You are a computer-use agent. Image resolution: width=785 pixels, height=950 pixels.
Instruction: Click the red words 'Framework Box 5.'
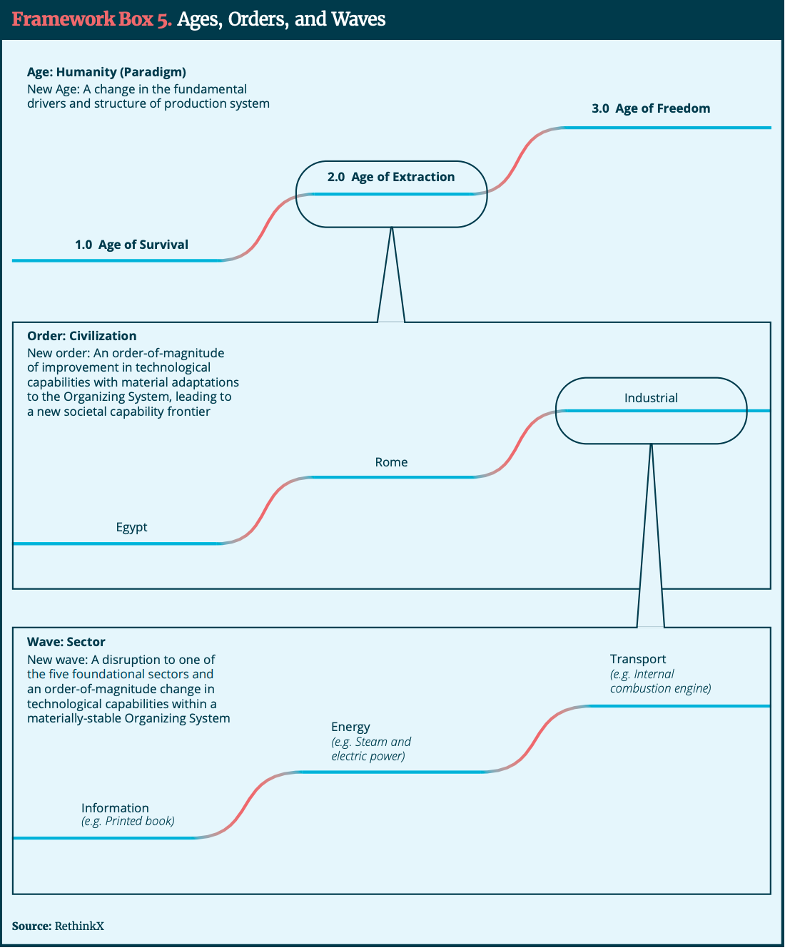tap(91, 19)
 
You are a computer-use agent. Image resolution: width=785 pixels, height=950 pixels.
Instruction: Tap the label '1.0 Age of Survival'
tap(131, 245)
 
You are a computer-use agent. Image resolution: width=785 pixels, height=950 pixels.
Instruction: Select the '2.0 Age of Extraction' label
tap(391, 177)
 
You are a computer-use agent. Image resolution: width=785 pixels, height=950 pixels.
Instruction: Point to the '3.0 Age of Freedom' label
tap(651, 108)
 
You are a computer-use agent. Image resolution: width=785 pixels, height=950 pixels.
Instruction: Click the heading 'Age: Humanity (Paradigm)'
tap(106, 72)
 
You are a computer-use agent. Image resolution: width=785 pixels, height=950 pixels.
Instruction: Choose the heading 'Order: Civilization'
tap(81, 336)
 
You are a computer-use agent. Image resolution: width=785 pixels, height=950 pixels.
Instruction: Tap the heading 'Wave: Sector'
tap(66, 642)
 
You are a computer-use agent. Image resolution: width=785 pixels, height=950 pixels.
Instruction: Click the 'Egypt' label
tap(131, 527)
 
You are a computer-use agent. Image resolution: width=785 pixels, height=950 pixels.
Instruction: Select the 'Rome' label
tap(391, 462)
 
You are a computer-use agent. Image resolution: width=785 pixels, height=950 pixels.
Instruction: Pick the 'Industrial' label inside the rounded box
tap(651, 398)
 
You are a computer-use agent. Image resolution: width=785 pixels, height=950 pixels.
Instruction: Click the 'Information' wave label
tap(115, 808)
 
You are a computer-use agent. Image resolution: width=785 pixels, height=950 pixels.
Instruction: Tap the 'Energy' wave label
tap(350, 727)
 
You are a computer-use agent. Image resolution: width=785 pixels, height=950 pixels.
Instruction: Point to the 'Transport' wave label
tap(638, 659)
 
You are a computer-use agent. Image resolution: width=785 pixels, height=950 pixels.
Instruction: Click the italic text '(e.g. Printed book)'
tap(128, 822)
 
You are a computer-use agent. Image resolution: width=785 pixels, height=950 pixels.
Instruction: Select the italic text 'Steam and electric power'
tap(371, 749)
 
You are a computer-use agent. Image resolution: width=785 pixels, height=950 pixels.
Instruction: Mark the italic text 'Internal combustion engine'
tap(660, 681)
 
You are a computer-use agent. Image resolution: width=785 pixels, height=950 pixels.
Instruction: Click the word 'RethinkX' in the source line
tap(79, 926)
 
